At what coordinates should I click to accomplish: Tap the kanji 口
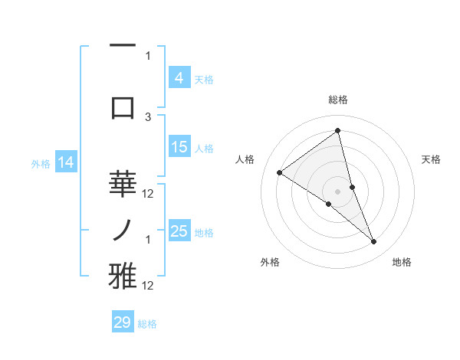[x=123, y=106]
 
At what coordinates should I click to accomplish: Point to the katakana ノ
[x=123, y=229]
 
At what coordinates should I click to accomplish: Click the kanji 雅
[x=123, y=277]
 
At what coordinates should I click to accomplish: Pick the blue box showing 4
[x=179, y=78]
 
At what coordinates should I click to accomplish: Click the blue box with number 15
[x=179, y=147]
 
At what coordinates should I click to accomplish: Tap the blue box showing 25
[x=179, y=231]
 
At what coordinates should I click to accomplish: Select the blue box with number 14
[x=66, y=162]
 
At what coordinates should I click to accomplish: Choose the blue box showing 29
[x=123, y=322]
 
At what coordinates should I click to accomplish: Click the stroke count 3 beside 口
[x=148, y=116]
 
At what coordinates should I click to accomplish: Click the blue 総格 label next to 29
[x=147, y=324]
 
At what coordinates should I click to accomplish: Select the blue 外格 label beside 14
[x=40, y=163]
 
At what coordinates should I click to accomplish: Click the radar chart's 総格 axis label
[x=337, y=100]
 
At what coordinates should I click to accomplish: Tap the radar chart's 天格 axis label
[x=431, y=159]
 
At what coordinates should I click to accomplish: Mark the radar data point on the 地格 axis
[x=374, y=242]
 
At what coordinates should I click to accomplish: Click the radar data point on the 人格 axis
[x=279, y=172]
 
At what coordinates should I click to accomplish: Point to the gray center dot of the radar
[x=337, y=191]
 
